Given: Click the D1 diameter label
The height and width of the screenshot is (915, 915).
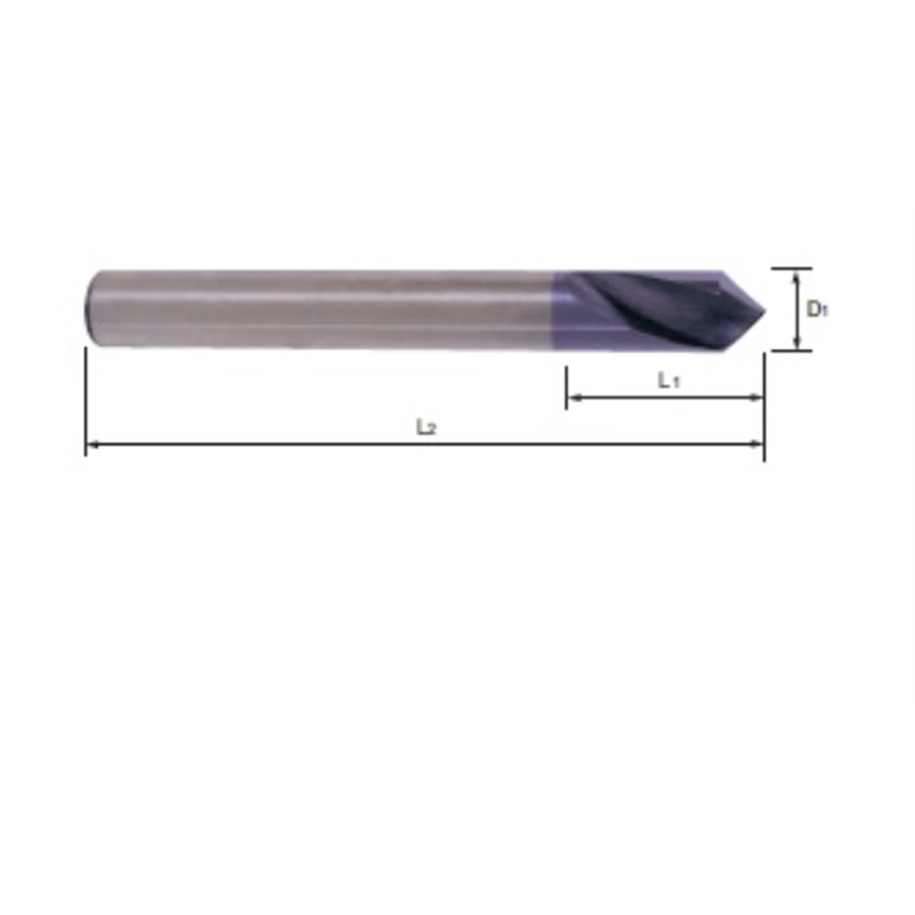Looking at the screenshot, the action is [817, 308].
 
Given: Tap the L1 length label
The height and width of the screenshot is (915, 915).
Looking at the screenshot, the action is [669, 381].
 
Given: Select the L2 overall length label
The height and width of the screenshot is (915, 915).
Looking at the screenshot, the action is [426, 427].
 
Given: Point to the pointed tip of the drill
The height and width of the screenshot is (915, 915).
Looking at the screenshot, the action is [764, 310].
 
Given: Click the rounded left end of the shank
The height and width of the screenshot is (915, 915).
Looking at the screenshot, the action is [90, 308].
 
